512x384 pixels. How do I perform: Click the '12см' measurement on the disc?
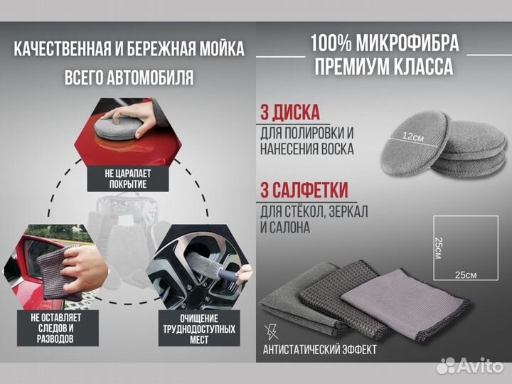click(413, 137)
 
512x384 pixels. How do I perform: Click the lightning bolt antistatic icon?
click(271, 331)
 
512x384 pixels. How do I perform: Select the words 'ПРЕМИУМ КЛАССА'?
click(384, 68)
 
